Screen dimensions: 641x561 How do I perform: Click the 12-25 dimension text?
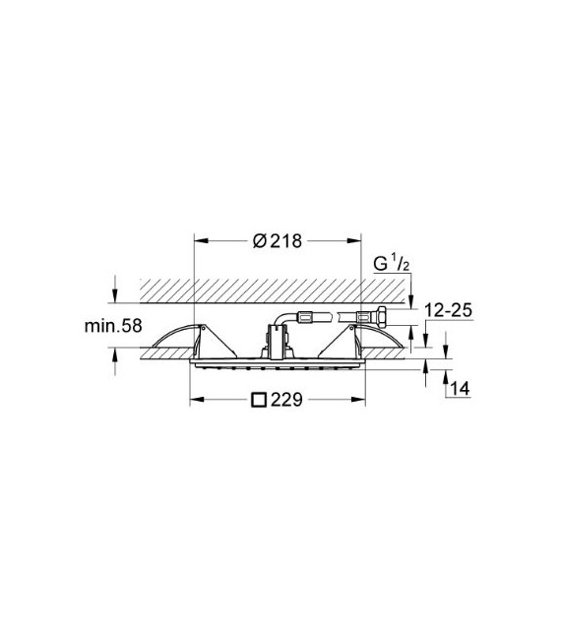[449, 310]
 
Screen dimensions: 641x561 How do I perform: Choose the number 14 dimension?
[459, 390]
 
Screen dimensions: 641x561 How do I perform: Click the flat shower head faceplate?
[276, 366]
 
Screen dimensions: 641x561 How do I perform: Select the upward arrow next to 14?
[448, 375]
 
